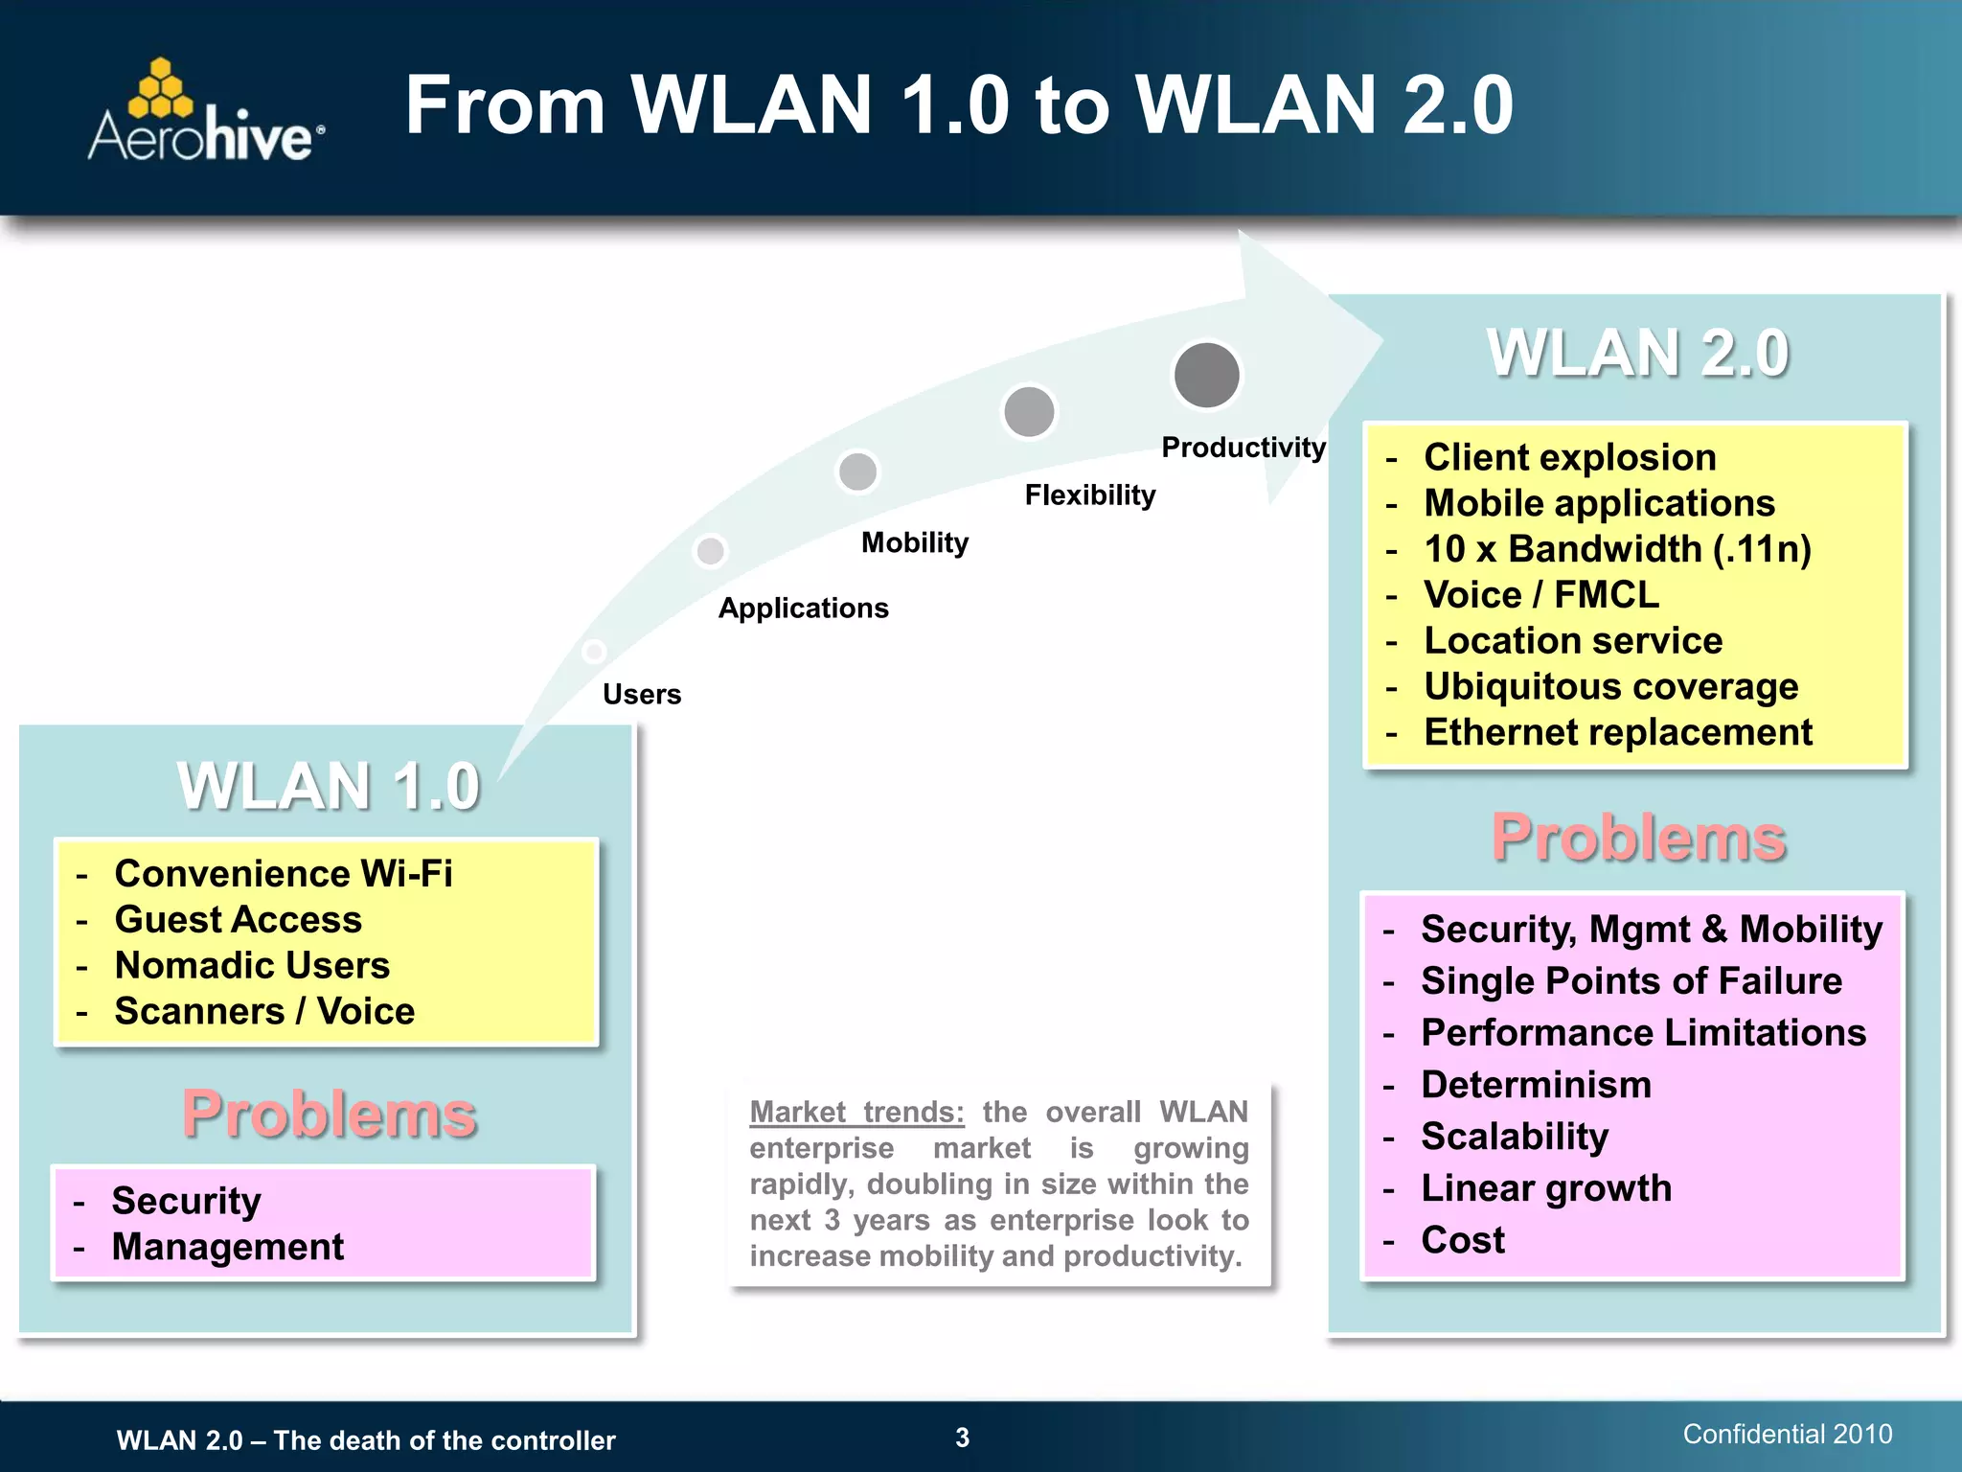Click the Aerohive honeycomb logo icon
point(160,89)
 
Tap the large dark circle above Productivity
point(1206,375)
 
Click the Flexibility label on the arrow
point(1089,495)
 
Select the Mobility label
point(914,543)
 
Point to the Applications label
point(803,609)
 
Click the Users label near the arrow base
point(641,695)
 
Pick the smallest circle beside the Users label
point(594,652)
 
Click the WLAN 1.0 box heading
point(328,786)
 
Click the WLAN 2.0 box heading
point(1637,353)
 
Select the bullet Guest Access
point(238,920)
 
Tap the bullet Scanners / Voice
point(264,1012)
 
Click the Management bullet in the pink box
point(227,1247)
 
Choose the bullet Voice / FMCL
point(1540,595)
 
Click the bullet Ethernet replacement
point(1617,733)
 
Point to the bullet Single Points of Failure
point(1631,981)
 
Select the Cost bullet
point(1462,1240)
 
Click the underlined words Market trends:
point(856,1112)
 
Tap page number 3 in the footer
point(962,1437)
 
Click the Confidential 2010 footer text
point(1787,1434)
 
